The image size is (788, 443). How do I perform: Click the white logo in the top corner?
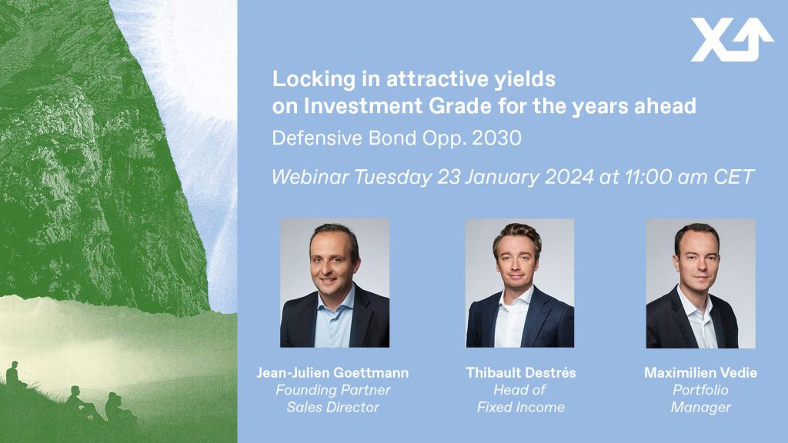tap(732, 40)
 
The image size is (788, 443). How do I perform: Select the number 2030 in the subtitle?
tap(496, 138)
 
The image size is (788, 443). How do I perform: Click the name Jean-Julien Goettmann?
tap(332, 373)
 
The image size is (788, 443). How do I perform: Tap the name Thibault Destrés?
tap(521, 373)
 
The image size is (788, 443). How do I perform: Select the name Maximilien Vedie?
tap(700, 373)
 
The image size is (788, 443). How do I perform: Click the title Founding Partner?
tap(332, 390)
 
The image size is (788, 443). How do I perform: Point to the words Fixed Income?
tap(521, 408)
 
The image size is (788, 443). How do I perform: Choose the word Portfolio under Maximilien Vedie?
tap(700, 390)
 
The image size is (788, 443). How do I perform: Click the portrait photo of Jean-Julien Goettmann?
tap(335, 283)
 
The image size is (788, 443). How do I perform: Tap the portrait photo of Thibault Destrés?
tap(519, 283)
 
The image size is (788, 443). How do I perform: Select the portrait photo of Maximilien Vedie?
tap(700, 283)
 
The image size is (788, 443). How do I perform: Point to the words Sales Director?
tap(332, 408)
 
